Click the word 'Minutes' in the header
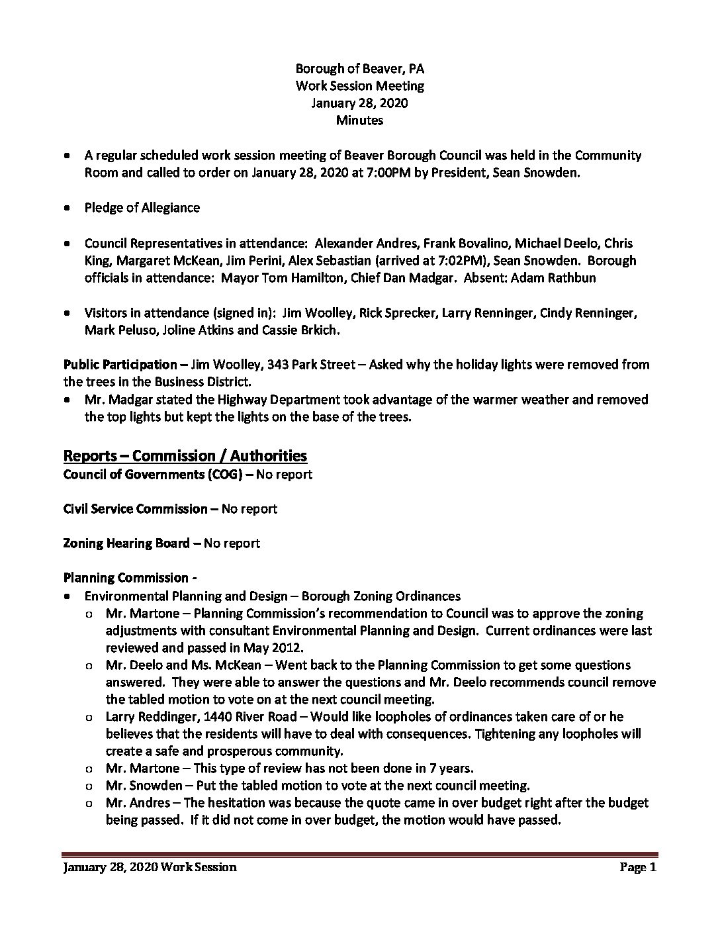(x=359, y=120)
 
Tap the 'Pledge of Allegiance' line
(x=142, y=208)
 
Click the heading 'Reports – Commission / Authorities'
(x=185, y=455)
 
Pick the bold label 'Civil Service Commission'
(x=136, y=509)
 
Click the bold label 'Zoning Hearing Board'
(x=127, y=543)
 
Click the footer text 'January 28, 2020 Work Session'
(x=150, y=867)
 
